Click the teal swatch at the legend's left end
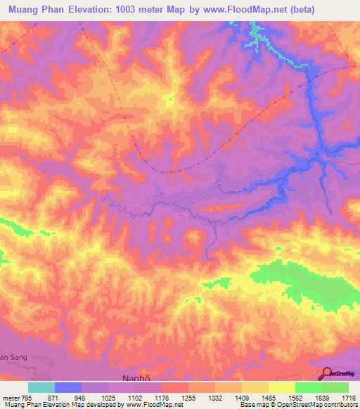41,387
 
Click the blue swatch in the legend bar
68,387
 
